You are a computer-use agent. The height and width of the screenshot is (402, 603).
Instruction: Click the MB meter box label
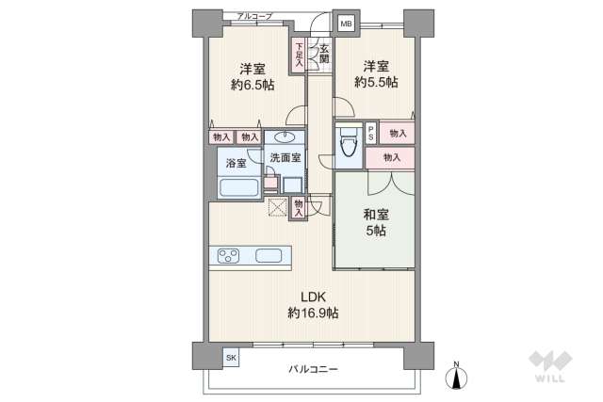(x=346, y=24)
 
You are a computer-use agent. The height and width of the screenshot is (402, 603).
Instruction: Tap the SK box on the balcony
(x=231, y=358)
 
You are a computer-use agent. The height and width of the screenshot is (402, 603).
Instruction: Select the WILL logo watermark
(x=550, y=366)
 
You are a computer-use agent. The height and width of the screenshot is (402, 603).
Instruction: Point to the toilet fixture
(x=348, y=142)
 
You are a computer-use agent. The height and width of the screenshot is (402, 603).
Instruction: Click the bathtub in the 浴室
(x=238, y=188)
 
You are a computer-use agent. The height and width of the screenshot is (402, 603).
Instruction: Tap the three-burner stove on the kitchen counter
(x=228, y=256)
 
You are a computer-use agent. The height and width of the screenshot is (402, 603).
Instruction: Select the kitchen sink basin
(x=269, y=256)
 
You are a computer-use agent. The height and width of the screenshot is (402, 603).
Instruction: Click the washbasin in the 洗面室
(x=285, y=137)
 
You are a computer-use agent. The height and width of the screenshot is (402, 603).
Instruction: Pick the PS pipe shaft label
(x=370, y=134)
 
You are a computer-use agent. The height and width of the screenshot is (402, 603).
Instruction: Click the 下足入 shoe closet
(x=299, y=55)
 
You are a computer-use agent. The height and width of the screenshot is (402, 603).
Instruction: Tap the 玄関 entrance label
(x=324, y=55)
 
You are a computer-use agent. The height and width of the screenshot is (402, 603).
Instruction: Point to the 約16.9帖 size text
(x=313, y=314)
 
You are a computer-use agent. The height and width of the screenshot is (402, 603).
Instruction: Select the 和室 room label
(x=376, y=214)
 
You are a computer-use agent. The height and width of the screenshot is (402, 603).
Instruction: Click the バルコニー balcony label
(x=313, y=369)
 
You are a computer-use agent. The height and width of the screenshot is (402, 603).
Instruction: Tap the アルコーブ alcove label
(x=254, y=16)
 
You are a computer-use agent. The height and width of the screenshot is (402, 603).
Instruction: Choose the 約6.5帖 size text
(x=253, y=85)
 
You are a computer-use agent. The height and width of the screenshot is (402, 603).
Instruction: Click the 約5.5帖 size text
(x=376, y=82)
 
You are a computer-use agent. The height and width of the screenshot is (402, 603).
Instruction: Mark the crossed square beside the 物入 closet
(x=278, y=207)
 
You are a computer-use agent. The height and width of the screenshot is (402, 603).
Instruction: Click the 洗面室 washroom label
(x=285, y=157)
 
